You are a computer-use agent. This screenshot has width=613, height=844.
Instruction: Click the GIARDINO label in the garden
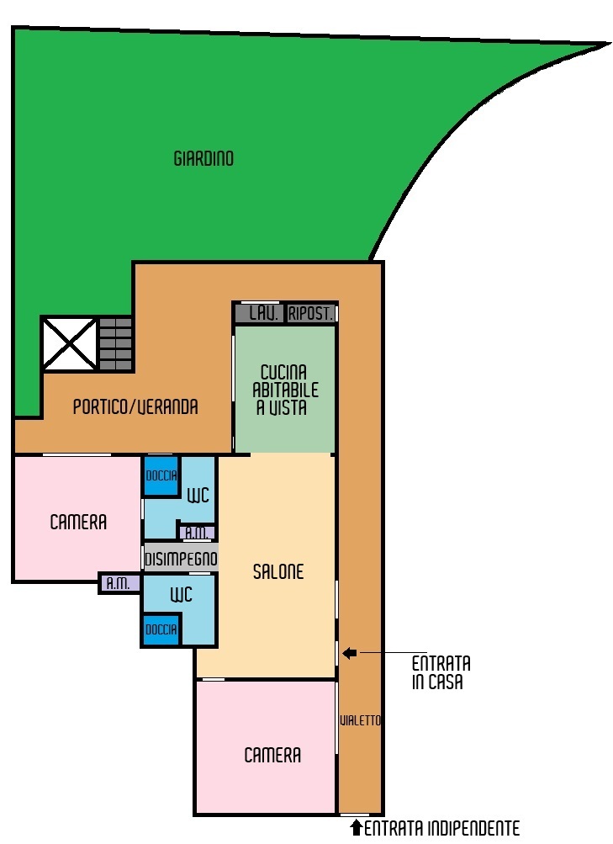203,159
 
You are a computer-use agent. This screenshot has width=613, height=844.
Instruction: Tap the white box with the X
69,344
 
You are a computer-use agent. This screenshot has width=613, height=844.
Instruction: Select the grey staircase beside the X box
115,344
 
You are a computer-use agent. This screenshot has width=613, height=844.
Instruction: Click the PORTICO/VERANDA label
135,406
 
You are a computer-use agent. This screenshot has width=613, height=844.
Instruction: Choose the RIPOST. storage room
311,313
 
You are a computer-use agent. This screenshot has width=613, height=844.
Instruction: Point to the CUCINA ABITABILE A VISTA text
285,390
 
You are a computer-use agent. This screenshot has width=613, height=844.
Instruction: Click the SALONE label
278,571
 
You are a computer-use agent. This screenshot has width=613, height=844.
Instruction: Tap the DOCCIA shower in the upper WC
161,475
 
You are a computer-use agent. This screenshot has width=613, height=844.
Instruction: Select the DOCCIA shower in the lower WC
161,629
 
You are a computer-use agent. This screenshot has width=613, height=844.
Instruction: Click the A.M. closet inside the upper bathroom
198,533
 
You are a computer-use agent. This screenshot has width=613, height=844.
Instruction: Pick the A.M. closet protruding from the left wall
119,583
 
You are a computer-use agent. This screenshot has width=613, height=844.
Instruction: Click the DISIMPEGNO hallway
181,560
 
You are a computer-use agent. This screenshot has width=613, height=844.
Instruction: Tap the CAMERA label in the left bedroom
78,522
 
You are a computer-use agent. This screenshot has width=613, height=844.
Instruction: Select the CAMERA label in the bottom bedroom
272,755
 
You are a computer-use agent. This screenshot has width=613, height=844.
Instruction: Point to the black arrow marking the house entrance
350,654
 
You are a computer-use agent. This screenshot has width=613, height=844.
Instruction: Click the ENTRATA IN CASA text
441,673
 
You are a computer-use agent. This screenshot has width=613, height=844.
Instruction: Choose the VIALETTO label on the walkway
360,720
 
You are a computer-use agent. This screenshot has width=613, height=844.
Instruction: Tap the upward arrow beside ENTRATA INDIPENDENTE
356,827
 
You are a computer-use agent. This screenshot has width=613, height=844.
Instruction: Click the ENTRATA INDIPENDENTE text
442,828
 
